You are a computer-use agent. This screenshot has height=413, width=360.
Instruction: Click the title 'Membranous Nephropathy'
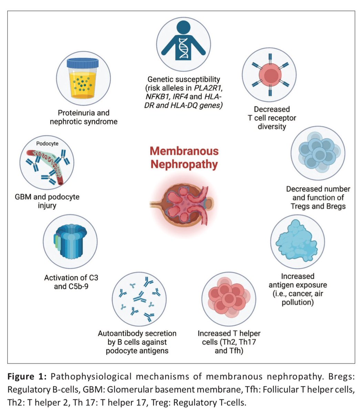[x=184, y=157]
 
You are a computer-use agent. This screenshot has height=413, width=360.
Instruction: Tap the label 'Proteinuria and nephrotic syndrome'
[x=83, y=117]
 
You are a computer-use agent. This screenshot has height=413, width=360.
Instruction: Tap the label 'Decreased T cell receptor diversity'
[x=271, y=118]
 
